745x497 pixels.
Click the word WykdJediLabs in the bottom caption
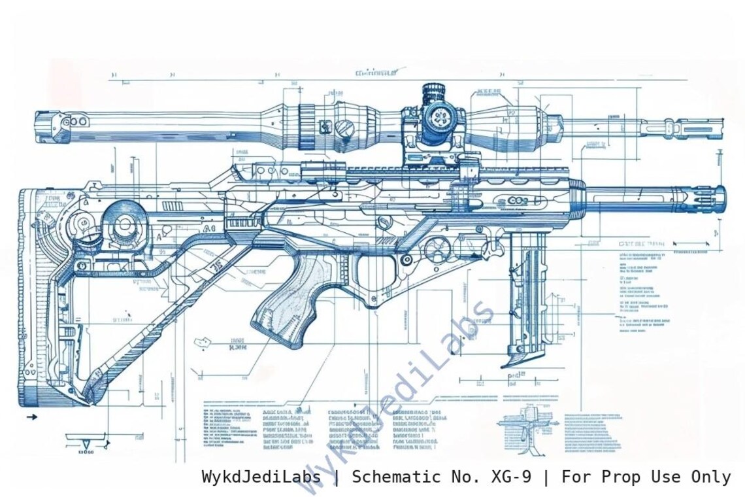coord(261,477)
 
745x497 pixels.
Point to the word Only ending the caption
coord(710,477)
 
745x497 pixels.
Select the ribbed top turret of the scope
coord(433,92)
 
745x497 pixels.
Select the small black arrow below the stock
coord(30,417)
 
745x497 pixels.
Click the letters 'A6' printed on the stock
coord(208,228)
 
